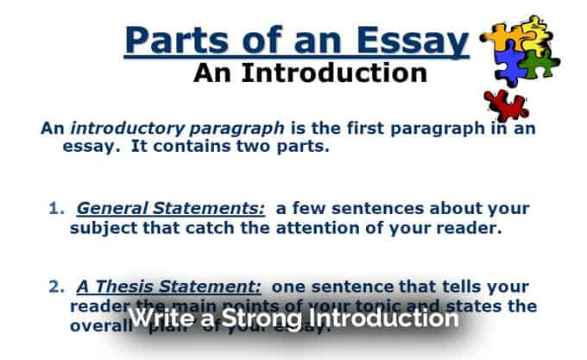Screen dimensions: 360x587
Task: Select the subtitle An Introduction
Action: [311, 73]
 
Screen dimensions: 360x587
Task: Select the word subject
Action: [100, 228]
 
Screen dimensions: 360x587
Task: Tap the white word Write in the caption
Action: [159, 318]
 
